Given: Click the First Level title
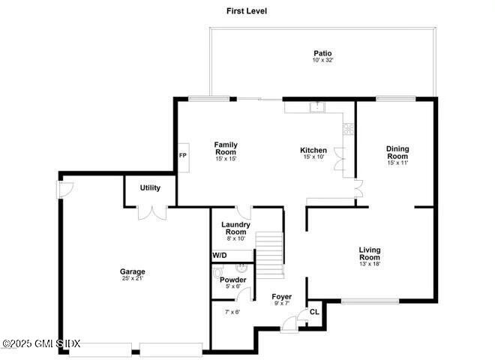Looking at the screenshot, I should (x=247, y=11).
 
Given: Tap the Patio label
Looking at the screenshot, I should (x=322, y=53).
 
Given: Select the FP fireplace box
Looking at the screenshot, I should (x=182, y=155).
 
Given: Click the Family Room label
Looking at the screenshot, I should (x=226, y=148).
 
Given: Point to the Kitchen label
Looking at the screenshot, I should (x=313, y=150).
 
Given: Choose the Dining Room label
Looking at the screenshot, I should (x=397, y=152).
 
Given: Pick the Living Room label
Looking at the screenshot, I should (x=370, y=253).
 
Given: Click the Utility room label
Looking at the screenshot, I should (x=151, y=187).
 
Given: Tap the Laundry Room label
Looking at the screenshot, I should (x=235, y=228).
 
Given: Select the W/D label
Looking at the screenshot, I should (x=219, y=256).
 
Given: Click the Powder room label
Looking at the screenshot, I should (x=232, y=280).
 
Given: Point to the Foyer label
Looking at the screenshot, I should (x=282, y=297).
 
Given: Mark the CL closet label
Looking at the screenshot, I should (x=314, y=312).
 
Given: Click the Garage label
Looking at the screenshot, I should (x=132, y=271).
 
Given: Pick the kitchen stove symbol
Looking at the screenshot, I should (x=348, y=128).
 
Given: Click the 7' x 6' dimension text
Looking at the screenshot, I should (x=232, y=312).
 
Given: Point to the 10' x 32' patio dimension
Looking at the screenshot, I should (x=322, y=61).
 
